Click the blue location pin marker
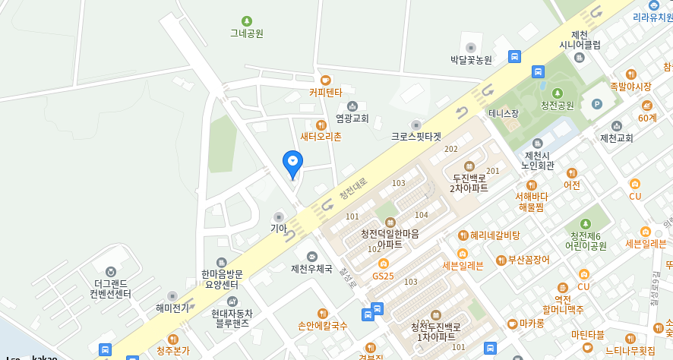(292, 163)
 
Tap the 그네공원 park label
(247, 33)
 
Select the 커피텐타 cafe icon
(326, 80)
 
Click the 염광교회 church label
(352, 118)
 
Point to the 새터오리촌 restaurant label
(321, 137)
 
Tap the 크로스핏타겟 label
(415, 137)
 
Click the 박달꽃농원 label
(471, 59)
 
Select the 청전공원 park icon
(557, 93)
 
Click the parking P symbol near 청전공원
(596, 104)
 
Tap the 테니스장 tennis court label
(504, 114)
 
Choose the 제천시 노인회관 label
(538, 160)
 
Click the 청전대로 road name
(352, 188)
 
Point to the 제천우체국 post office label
(311, 269)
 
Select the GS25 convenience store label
(383, 276)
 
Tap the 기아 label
(279, 228)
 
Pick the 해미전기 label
(172, 308)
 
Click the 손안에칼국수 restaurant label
(322, 326)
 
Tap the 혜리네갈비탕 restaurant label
(494, 235)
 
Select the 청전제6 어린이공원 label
(586, 241)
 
